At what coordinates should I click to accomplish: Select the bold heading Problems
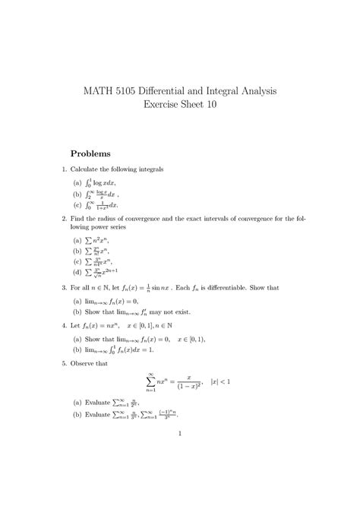pos(96,153)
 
